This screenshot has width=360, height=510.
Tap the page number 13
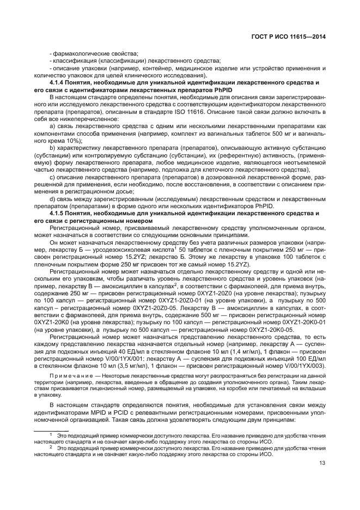(x=322, y=464)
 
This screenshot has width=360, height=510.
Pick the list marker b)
(x=53, y=148)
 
